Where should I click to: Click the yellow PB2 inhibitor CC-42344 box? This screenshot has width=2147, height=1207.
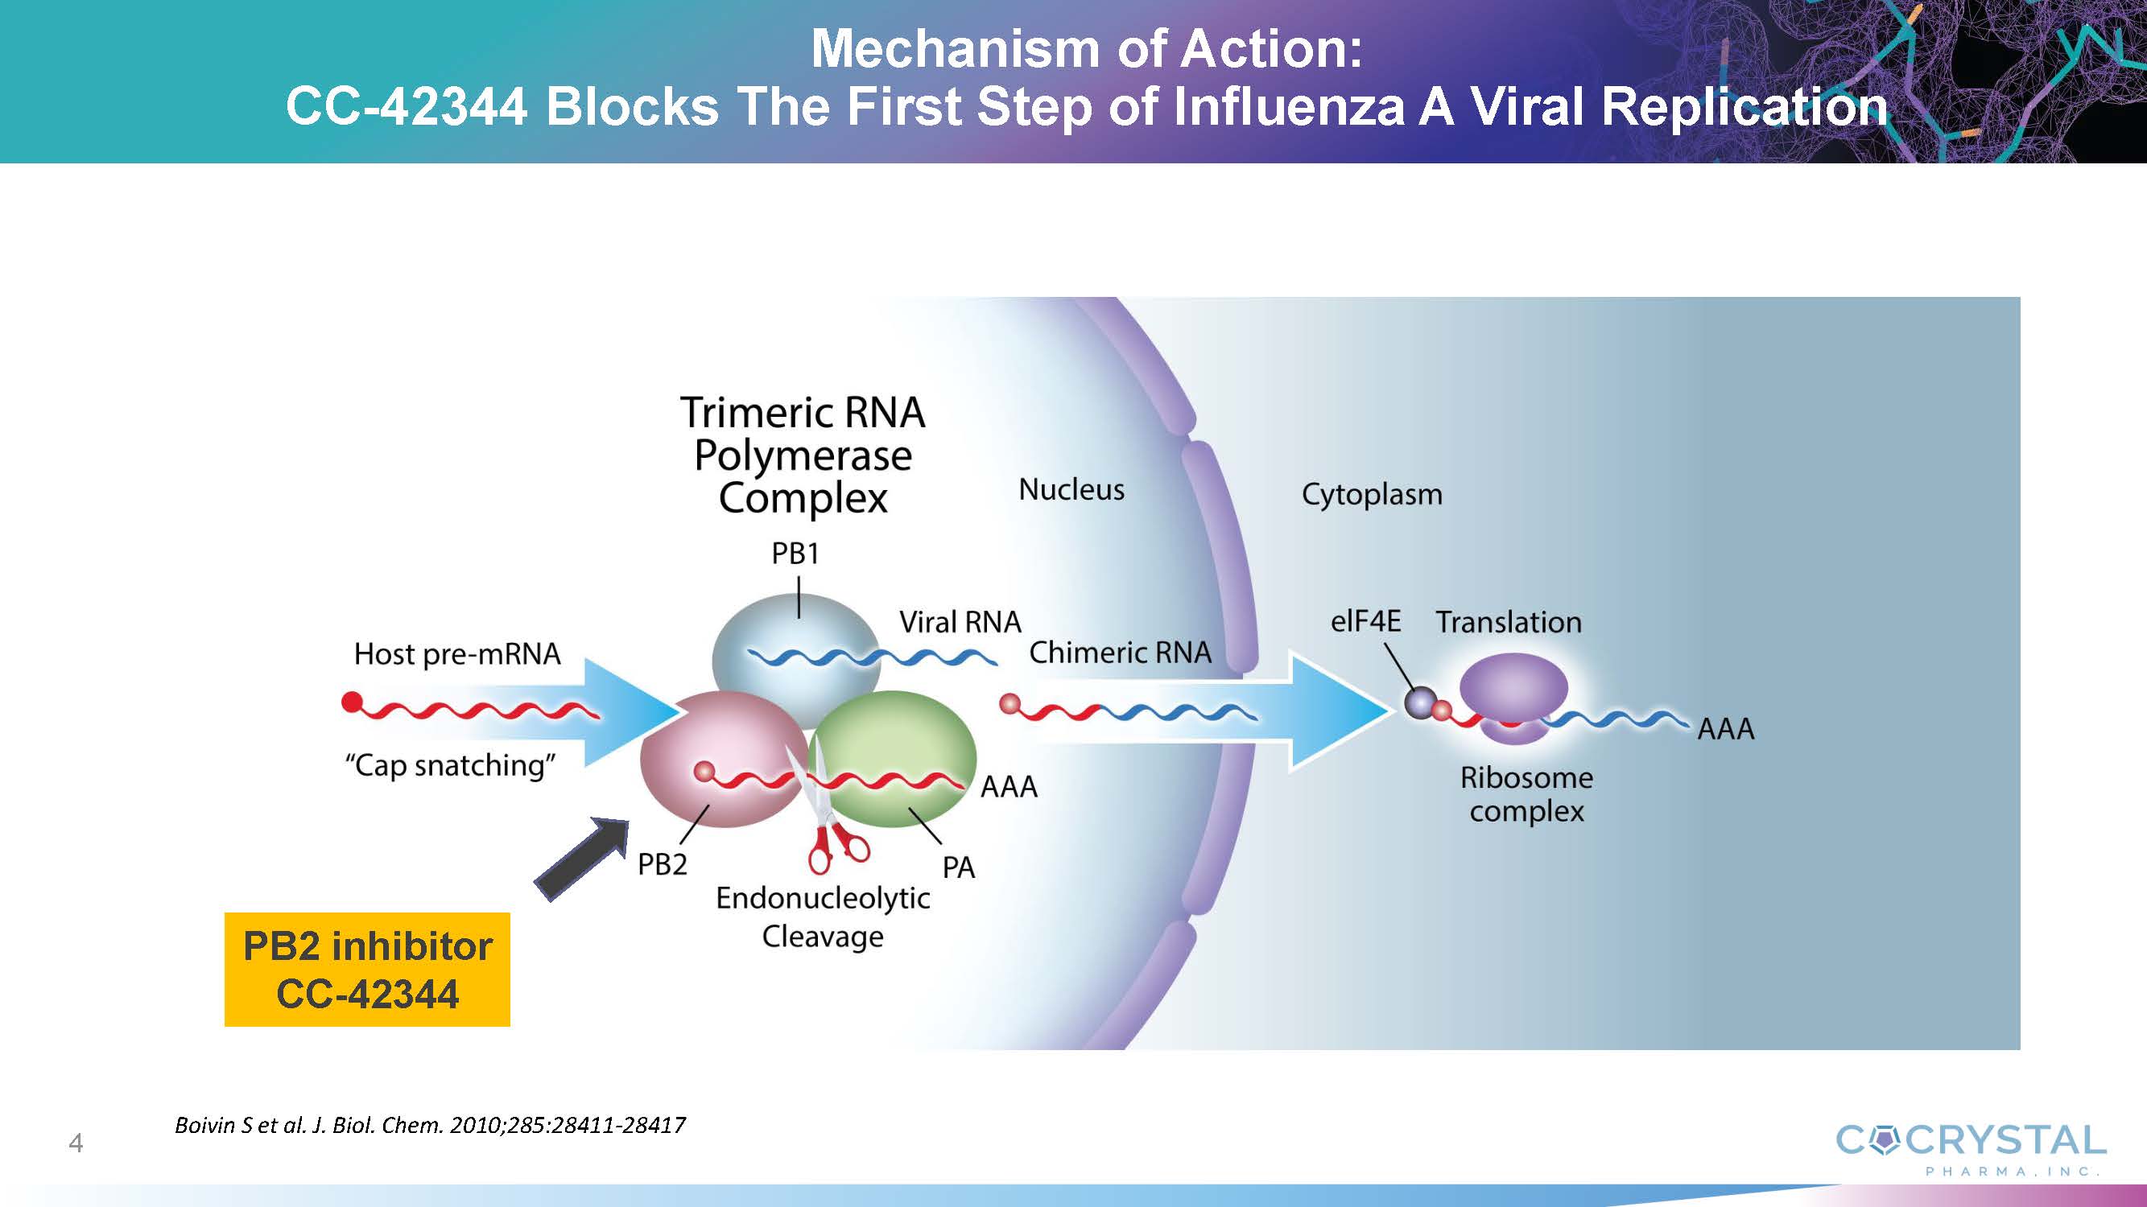367,969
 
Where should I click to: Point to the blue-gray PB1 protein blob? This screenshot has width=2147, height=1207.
796,641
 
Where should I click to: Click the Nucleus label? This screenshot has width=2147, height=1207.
1071,490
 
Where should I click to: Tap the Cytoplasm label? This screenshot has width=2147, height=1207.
1371,494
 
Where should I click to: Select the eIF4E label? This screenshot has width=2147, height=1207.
1365,621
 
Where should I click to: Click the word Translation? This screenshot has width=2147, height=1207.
1508,622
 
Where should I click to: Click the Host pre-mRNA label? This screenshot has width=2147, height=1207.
456,654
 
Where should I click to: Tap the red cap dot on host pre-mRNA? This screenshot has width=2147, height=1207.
352,703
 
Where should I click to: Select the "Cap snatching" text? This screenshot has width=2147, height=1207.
450,764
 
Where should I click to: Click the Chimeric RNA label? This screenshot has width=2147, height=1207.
1119,653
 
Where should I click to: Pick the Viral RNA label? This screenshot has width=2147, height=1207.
960,622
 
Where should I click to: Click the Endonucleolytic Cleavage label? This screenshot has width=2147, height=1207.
823,917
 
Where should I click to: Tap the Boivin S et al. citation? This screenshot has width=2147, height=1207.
430,1126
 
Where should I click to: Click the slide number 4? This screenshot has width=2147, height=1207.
76,1143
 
